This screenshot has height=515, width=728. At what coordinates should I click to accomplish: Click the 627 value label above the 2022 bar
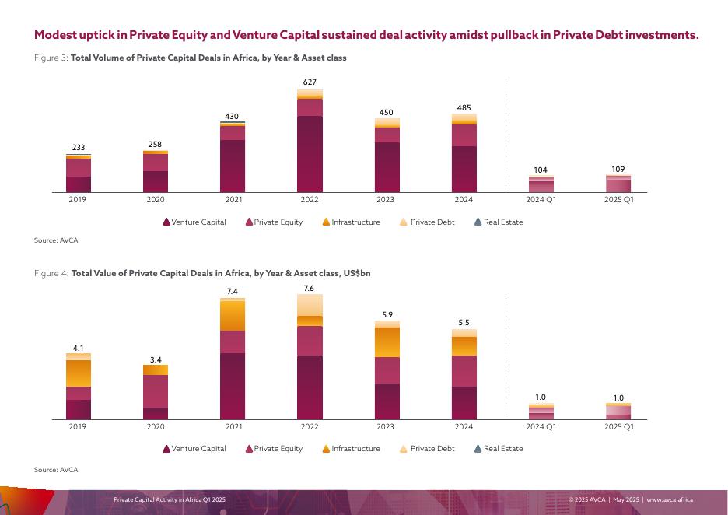[310, 82]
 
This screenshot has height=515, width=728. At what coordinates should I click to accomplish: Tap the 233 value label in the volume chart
[79, 147]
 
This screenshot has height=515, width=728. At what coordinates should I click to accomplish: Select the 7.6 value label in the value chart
[310, 288]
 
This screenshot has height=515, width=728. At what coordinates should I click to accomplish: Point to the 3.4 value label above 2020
[156, 359]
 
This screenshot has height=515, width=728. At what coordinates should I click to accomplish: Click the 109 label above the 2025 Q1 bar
[618, 169]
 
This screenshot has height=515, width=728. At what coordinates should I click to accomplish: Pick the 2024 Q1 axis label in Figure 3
[541, 200]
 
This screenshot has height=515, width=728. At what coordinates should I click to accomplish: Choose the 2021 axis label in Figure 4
[233, 427]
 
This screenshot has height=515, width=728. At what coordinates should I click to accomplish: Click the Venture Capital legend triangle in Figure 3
[166, 222]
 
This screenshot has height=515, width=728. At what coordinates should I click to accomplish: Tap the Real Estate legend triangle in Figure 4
[478, 449]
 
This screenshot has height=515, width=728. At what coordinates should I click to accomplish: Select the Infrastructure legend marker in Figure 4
[327, 449]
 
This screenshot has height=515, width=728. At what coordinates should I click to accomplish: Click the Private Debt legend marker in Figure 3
[403, 222]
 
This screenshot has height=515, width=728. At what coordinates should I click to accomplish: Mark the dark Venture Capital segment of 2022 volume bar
[310, 154]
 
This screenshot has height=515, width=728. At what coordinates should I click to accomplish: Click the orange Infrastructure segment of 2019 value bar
[79, 373]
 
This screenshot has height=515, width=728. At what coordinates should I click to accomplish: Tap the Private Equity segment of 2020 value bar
[156, 391]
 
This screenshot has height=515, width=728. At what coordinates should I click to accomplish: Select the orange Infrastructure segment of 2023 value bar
[387, 342]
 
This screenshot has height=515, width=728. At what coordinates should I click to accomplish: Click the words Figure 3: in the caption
[51, 58]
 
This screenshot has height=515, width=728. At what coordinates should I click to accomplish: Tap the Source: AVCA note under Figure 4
[56, 470]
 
